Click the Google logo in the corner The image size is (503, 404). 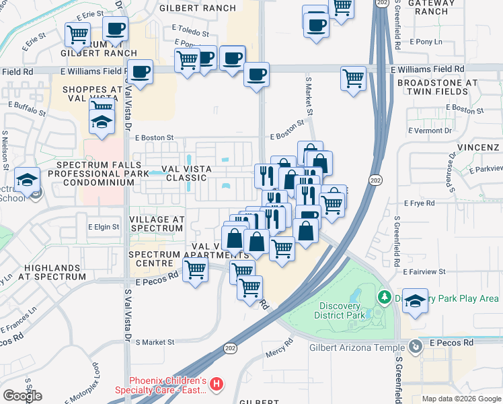tap(22, 396)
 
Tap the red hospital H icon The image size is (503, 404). tap(217, 384)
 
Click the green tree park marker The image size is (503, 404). tap(384, 297)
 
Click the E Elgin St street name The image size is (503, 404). tap(104, 228)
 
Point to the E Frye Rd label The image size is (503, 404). tap(421, 202)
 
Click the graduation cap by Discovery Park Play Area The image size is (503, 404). tap(415, 301)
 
